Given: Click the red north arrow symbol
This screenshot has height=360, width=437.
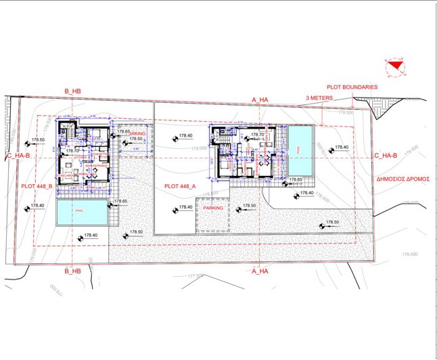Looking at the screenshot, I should pyautogui.click(x=394, y=65).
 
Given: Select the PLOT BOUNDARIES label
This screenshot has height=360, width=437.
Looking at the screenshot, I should pyautogui.click(x=352, y=87).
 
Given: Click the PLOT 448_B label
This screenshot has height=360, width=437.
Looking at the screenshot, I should pyautogui.click(x=38, y=185).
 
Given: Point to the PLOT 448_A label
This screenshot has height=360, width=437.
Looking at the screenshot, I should pyautogui.click(x=180, y=185).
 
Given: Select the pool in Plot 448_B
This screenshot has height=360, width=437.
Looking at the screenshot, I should pyautogui.click(x=82, y=212).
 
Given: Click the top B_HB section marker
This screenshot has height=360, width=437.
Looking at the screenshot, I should pyautogui.click(x=72, y=91).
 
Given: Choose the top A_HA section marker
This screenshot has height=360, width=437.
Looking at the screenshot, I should pyautogui.click(x=260, y=99).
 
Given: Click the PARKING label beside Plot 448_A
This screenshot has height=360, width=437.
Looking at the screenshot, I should pyautogui.click(x=213, y=208).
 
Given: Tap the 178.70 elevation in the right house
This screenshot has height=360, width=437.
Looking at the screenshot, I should pyautogui.click(x=257, y=135).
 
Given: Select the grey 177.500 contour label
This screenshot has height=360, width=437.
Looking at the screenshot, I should pyautogui.click(x=196, y=275).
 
